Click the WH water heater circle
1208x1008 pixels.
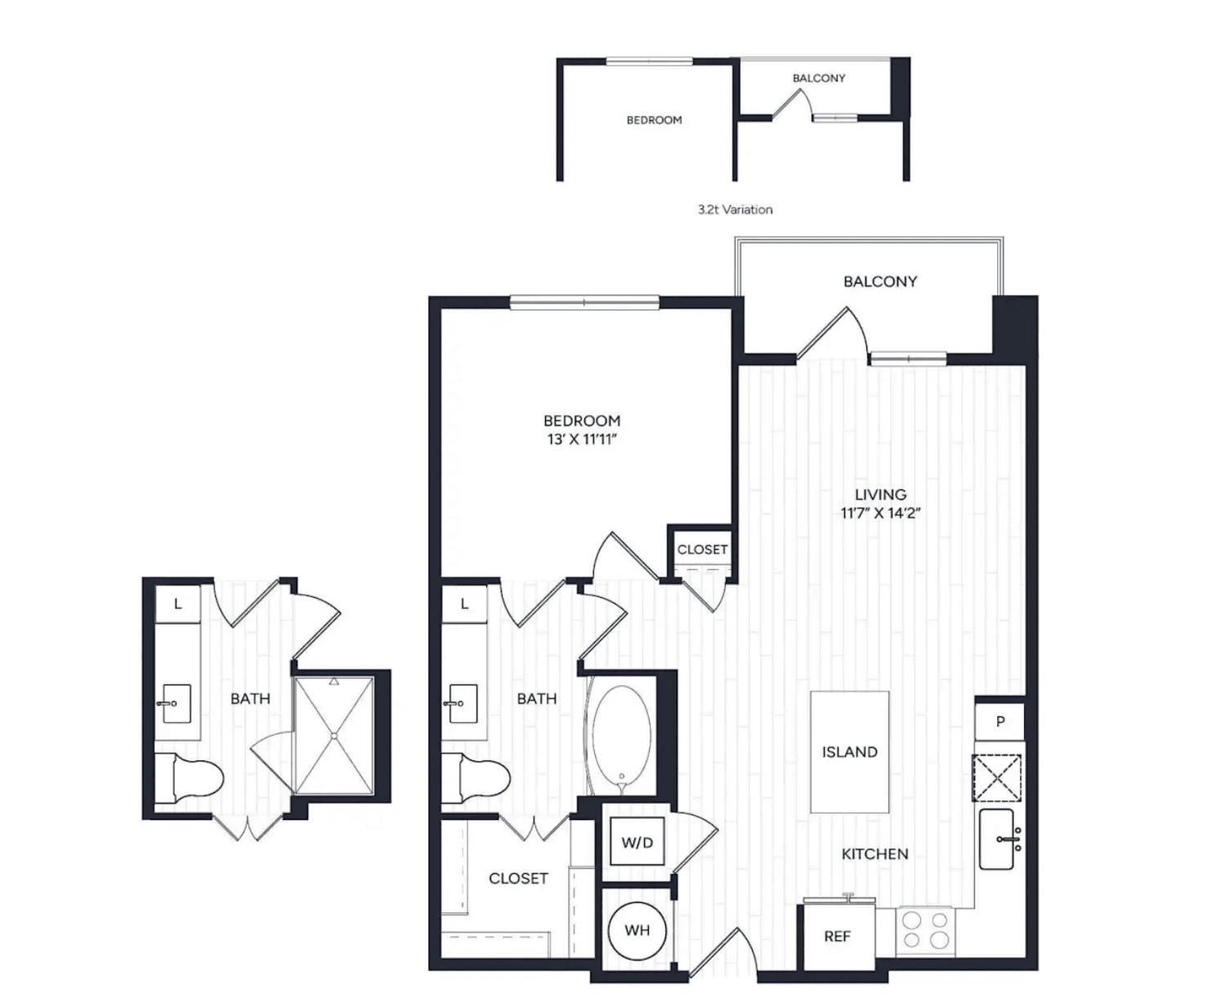[637, 930]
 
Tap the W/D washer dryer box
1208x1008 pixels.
[637, 842]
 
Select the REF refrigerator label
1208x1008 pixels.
[837, 936]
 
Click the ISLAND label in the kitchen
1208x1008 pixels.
[849, 752]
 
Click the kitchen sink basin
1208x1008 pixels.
[996, 839]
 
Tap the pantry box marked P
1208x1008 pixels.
[1000, 721]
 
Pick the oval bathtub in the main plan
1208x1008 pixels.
[623, 738]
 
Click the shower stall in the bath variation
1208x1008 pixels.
[334, 736]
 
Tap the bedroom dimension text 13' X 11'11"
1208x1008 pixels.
[581, 439]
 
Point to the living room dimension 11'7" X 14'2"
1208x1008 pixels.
[880, 513]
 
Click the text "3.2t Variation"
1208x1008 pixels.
[735, 209]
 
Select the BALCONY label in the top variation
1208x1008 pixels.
[819, 78]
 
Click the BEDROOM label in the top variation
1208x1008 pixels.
[655, 120]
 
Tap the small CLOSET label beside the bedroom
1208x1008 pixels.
[702, 550]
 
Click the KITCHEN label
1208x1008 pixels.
[875, 854]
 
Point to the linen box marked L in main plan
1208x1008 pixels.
[464, 604]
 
